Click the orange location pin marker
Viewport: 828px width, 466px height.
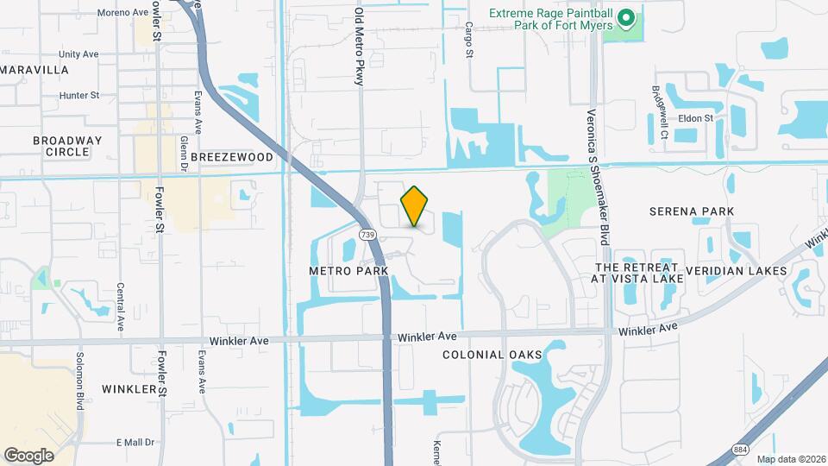[x=414, y=206]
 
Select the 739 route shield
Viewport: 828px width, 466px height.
[x=367, y=235]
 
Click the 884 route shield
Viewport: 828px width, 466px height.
[x=740, y=450]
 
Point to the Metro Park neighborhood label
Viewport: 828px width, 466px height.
[x=349, y=270]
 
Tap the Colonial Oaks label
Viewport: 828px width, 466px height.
[x=492, y=355]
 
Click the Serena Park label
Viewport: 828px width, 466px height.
[x=693, y=211]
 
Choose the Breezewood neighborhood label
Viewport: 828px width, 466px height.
[x=231, y=157]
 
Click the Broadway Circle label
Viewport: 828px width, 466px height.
[x=67, y=146]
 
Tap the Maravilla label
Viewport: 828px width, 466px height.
[x=34, y=69]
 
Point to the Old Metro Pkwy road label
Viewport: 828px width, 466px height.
[x=360, y=47]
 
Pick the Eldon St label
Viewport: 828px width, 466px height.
[x=696, y=118]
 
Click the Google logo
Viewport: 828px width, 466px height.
[x=28, y=455]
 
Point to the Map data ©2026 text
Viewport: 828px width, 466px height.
[x=791, y=459]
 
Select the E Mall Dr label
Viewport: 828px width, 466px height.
[x=135, y=443]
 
